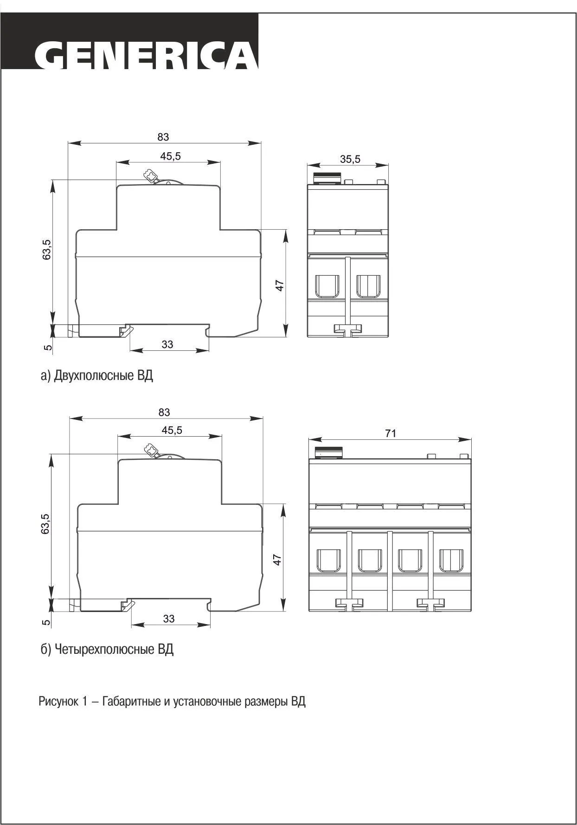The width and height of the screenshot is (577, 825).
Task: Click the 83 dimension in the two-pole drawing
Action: click(x=163, y=137)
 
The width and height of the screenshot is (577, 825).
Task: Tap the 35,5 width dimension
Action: click(x=350, y=159)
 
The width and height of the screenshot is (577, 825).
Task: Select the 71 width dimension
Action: click(x=391, y=433)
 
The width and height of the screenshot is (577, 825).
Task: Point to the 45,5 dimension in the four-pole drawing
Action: click(x=172, y=430)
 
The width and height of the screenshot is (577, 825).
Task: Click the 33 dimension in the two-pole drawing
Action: click(x=167, y=344)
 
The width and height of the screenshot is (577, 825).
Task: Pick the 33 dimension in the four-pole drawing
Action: click(x=169, y=619)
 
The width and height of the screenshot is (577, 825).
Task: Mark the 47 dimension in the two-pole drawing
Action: click(x=279, y=285)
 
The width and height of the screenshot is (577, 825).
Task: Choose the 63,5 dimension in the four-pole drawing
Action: click(x=45, y=523)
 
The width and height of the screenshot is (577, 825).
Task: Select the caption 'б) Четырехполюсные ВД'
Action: click(x=107, y=649)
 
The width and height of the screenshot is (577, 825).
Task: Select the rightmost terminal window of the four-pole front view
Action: click(x=451, y=561)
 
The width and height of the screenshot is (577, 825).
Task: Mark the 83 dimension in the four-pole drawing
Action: click(x=164, y=412)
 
